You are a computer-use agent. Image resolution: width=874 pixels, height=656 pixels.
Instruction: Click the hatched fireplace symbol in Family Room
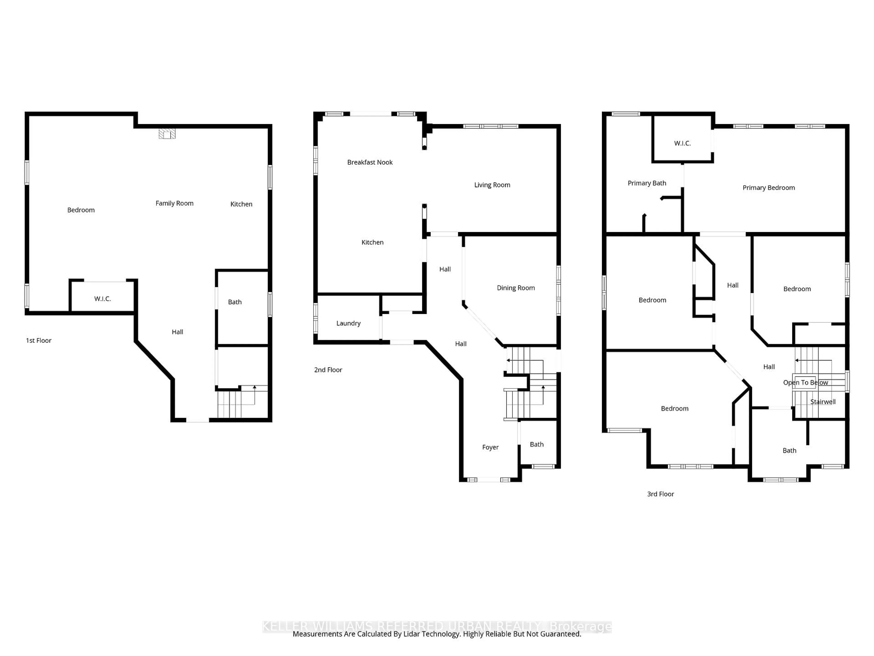[x=167, y=134]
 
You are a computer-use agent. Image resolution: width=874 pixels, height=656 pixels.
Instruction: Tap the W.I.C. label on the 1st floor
[x=102, y=299]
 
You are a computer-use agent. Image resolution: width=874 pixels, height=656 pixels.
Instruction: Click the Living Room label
[x=492, y=185]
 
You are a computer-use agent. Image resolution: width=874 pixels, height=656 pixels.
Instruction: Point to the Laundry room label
[x=348, y=323]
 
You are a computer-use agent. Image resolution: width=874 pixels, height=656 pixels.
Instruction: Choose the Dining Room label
[x=516, y=288]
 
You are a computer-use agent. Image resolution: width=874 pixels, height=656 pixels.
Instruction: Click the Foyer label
[x=490, y=447]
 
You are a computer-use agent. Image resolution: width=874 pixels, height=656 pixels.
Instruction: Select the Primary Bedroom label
[x=768, y=187]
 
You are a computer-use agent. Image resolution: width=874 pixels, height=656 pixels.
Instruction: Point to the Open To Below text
[x=805, y=382]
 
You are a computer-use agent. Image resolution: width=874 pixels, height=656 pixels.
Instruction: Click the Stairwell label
[x=823, y=402]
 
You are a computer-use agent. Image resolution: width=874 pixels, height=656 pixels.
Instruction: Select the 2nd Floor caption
[x=328, y=370]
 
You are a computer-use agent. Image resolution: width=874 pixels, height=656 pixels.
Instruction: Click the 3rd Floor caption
[x=660, y=494]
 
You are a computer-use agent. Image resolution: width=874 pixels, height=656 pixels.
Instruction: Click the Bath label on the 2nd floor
[x=536, y=444]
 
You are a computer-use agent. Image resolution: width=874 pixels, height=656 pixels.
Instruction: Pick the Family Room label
[x=174, y=203]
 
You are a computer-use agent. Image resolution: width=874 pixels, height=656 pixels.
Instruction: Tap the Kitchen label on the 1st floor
[x=241, y=204]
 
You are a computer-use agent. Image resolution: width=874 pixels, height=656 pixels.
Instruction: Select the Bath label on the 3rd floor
[x=789, y=450]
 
